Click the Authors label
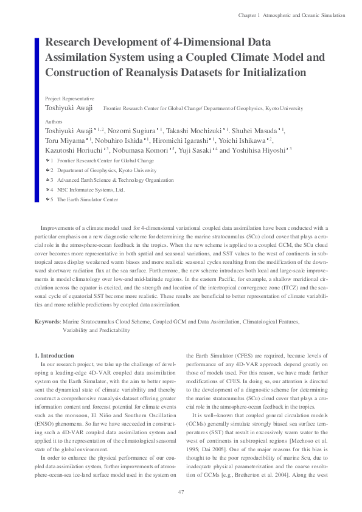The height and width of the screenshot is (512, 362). [54, 122]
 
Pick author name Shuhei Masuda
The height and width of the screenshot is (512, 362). [256, 131]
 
